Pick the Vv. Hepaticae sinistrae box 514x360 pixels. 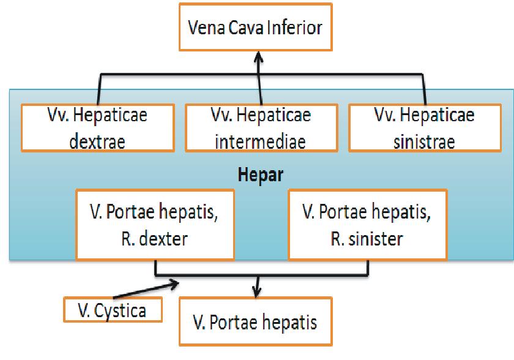click(x=424, y=128)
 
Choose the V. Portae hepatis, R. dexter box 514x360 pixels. click(x=156, y=224)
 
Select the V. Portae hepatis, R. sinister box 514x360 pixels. click(x=368, y=224)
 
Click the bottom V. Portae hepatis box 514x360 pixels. click(x=256, y=321)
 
